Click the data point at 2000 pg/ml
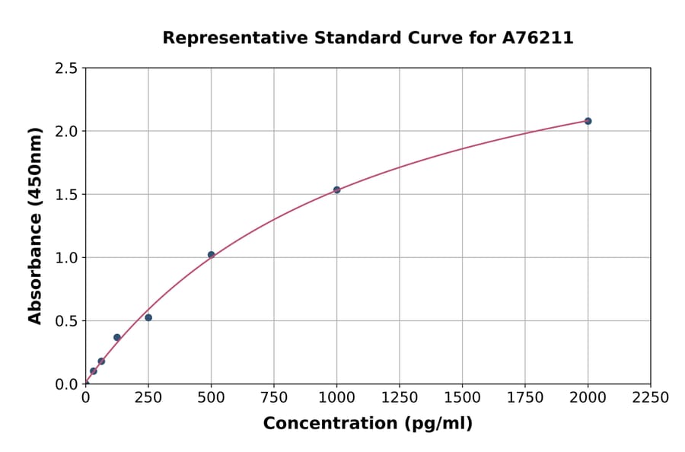point(588,121)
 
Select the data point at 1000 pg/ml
point(336,189)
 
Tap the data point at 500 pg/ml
point(211,254)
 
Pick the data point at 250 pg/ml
point(148,317)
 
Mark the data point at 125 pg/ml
point(117,337)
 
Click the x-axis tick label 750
point(274,398)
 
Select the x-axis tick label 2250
point(651,398)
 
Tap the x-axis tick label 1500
point(462,398)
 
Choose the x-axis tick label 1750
point(525,398)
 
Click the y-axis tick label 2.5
point(66,68)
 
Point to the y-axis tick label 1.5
point(66,195)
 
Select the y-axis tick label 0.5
point(66,321)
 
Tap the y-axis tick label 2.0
point(66,132)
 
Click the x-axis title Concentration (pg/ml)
point(368,424)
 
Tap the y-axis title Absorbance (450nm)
point(35,226)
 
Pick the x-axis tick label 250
point(148,398)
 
